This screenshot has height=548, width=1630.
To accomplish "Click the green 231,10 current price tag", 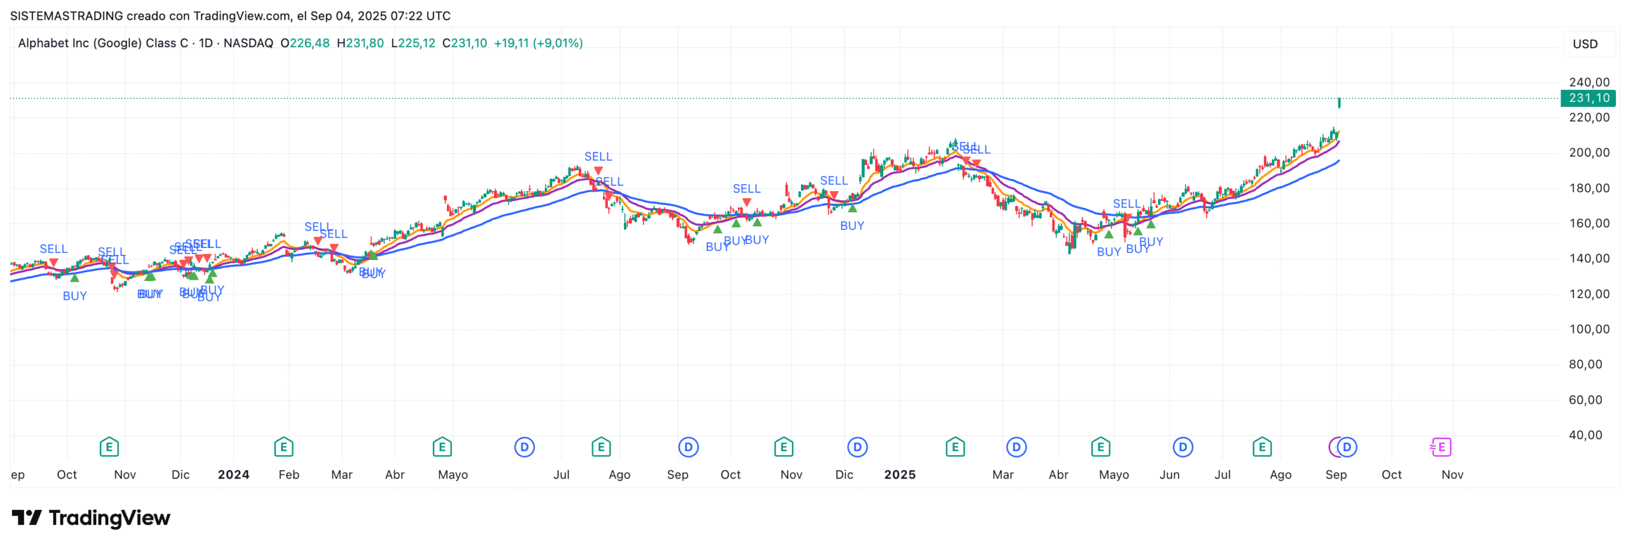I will click(1588, 98).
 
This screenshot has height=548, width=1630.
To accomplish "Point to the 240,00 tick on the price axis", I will click(1589, 82).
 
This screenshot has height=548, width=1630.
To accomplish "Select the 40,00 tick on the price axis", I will click(1589, 435).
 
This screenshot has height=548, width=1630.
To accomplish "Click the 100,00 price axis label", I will click(1589, 329).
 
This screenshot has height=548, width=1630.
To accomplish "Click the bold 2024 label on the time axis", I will click(233, 475).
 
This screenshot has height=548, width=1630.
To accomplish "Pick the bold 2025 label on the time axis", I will click(899, 475).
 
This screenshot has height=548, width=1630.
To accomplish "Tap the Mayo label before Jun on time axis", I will click(1113, 475).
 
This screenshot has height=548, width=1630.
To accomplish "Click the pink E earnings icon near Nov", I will click(1440, 447).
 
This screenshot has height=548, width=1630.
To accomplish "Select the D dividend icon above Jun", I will click(1182, 447).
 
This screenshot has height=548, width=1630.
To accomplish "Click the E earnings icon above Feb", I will click(283, 447).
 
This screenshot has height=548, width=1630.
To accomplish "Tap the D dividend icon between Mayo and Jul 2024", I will click(524, 447).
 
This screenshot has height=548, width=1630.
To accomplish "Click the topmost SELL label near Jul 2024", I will click(598, 157).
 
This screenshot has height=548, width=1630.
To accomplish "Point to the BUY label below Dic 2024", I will click(851, 226).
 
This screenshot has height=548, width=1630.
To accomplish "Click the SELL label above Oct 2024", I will click(746, 189).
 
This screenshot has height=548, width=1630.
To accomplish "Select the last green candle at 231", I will click(1339, 103).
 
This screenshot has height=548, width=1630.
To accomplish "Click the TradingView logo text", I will click(109, 518).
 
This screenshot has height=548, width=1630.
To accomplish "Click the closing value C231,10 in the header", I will click(465, 43).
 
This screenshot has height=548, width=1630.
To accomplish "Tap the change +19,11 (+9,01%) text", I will click(538, 43).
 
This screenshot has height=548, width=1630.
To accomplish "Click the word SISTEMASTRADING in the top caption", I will click(66, 16).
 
